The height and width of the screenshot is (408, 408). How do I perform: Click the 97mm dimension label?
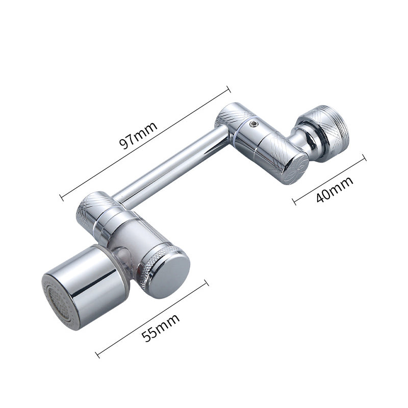[138, 135]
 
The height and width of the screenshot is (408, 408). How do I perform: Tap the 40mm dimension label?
[335, 189]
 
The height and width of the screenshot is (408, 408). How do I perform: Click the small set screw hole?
[252, 124]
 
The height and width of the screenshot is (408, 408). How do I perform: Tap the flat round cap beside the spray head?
[169, 275]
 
